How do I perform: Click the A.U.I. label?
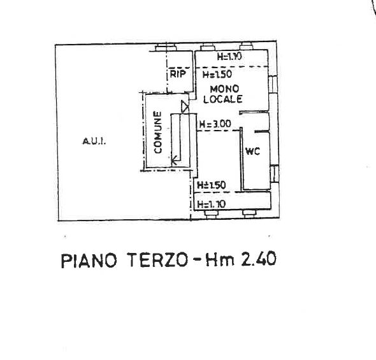coord(94,141)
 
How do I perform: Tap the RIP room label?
coord(178,74)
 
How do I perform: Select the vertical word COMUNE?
coord(158,133)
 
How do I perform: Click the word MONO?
coord(224,89)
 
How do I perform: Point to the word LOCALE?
coord(223,99)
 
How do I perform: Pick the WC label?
coord(252,151)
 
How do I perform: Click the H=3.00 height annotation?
coord(215,124)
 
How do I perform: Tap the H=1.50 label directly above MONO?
coord(217,74)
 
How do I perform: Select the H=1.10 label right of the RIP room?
coord(229,57)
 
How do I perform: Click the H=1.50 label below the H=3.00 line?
coord(211,185)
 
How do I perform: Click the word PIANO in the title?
coord(89,261)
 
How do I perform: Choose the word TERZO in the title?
coord(157,260)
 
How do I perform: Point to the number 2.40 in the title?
coord(259,259)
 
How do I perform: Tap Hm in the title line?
coord(220,259)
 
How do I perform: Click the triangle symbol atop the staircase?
coord(185,106)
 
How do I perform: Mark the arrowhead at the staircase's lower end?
coord(175,160)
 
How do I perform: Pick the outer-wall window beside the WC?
coord(275,173)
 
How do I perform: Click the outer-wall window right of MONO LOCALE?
coord(273,84)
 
